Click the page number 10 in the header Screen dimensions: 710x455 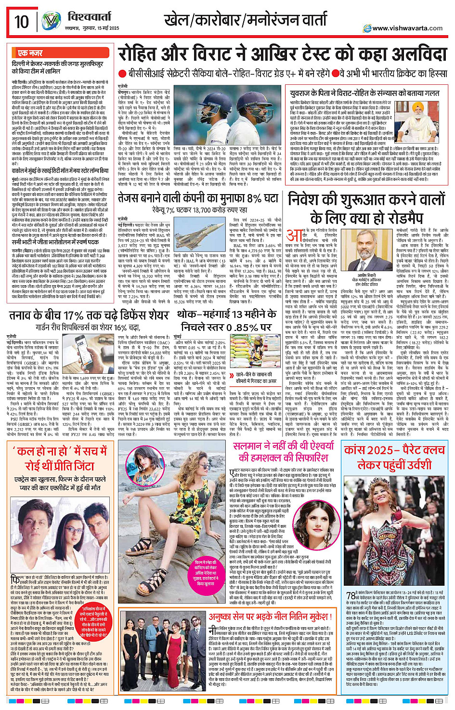pos(22,22)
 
